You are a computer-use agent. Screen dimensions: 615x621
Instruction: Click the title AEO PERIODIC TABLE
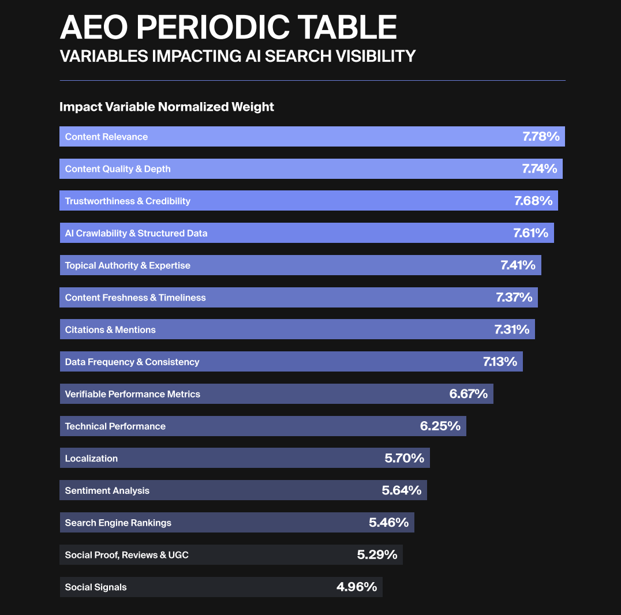coord(229,27)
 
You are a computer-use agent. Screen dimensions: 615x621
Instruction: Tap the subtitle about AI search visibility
coord(238,56)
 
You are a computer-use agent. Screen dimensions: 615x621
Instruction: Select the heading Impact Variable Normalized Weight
coord(167,107)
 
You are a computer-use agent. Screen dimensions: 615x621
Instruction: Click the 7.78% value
coord(541,137)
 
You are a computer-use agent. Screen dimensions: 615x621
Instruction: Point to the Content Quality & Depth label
coord(118,169)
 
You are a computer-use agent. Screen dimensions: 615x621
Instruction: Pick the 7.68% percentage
coord(533,201)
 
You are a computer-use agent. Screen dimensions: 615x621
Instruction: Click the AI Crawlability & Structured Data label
coord(136,233)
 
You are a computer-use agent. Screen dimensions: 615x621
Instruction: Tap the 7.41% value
coord(518,265)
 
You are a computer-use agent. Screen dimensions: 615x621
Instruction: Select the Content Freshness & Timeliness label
coord(135,298)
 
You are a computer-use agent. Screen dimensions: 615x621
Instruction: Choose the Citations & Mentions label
coord(110,330)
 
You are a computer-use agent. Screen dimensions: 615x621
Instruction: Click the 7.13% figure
coord(500,362)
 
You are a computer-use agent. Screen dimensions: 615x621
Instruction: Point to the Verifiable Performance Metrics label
coord(133,394)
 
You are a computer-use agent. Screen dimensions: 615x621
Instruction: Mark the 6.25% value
coord(440,426)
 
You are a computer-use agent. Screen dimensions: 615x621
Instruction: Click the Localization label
coord(91,459)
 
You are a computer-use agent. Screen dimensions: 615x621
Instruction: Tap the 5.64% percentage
coord(402,490)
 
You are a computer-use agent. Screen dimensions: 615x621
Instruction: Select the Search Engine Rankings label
coord(118,523)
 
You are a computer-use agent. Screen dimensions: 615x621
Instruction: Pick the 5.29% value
coord(377,555)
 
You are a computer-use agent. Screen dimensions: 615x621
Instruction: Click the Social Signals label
coord(96,587)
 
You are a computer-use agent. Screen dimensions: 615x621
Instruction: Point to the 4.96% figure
coord(357,587)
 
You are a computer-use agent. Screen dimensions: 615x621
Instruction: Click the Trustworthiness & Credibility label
coord(128,201)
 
